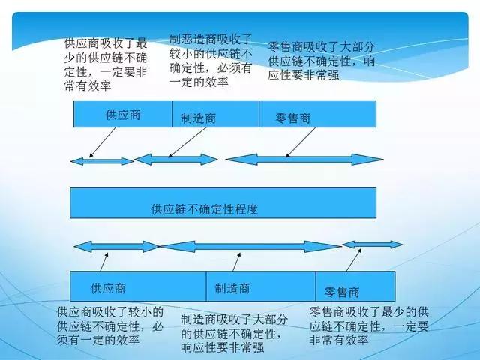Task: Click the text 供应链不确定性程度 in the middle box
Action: tap(204, 209)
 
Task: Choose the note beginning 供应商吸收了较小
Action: tap(110, 325)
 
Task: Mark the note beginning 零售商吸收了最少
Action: tap(369, 325)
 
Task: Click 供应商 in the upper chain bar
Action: tap(123, 115)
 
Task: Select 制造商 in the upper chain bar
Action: tap(199, 118)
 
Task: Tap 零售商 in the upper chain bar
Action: tap(293, 118)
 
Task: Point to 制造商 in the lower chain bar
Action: tap(232, 287)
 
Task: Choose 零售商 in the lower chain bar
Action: tap(342, 291)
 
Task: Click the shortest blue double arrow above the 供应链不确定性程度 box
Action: tap(100, 160)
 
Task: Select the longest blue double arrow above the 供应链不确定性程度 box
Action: tap(304, 159)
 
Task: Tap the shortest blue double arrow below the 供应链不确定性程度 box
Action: tap(372, 244)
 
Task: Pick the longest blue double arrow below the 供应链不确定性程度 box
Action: tap(250, 245)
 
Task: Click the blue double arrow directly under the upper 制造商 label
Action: tap(175, 159)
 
